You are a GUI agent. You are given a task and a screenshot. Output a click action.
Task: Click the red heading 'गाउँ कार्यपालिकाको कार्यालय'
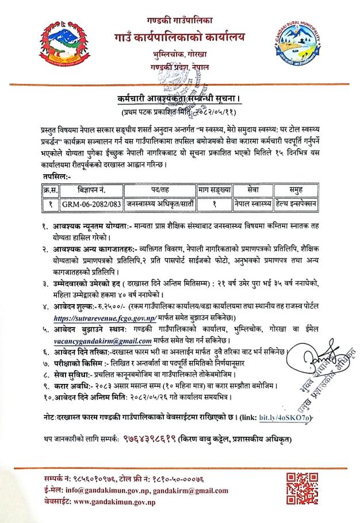(x=179, y=39)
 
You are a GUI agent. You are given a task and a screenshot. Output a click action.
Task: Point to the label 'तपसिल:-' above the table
(x=53, y=176)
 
